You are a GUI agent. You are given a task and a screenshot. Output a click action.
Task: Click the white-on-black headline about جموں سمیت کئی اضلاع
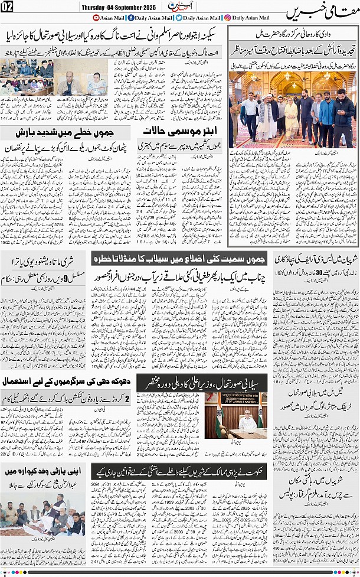pyautogui.click(x=180, y=258)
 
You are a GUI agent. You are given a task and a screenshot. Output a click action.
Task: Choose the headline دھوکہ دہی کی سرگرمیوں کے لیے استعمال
pyautogui.click(x=68, y=383)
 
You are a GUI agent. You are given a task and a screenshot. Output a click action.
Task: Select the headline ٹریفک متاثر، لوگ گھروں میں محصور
pyautogui.click(x=314, y=406)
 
